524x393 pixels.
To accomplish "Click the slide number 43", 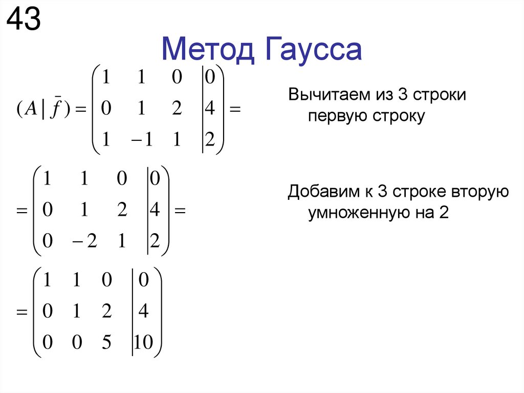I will [x=23, y=20].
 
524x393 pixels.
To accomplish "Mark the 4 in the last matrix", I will [x=144, y=312].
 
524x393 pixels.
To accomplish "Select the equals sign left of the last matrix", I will [x=22, y=312].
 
